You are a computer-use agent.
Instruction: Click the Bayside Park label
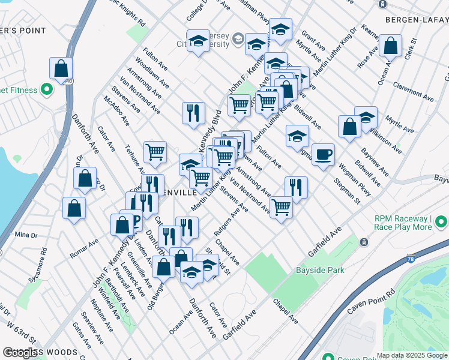point(320,270)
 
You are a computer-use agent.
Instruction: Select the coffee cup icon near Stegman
point(323,155)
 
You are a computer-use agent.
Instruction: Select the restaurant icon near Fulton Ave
point(295,187)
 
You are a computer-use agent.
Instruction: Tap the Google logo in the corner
point(21,353)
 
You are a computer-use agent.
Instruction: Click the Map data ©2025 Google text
point(412,355)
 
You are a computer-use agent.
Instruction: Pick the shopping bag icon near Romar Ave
point(74,208)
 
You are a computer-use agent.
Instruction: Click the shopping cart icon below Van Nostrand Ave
point(281,208)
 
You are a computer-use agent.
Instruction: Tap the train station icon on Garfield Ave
point(364,242)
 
